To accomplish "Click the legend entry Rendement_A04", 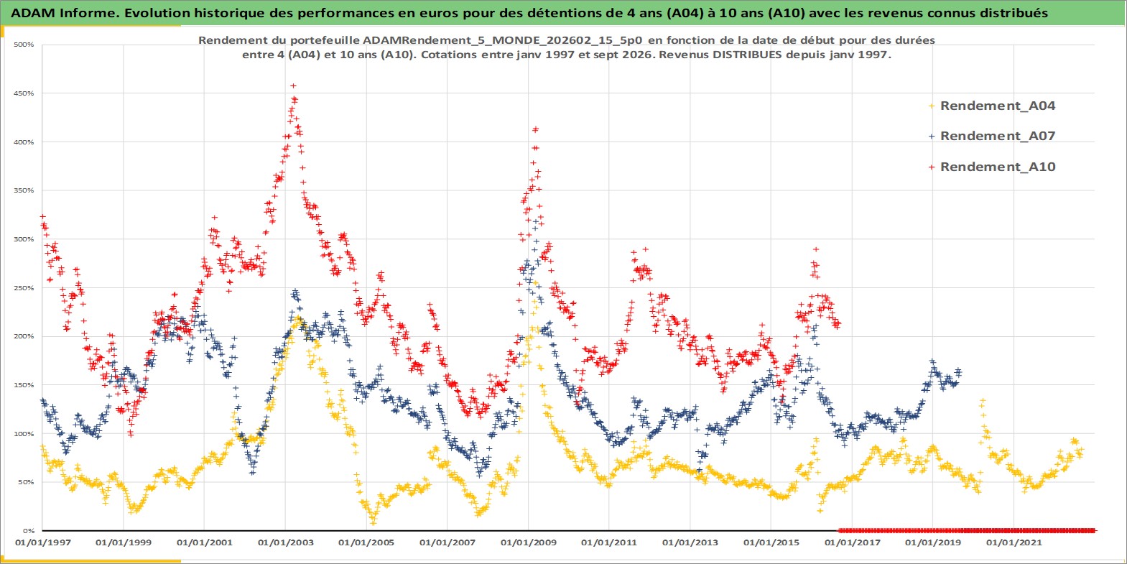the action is pyautogui.click(x=998, y=106).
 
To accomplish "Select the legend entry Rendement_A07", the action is pyautogui.click(x=998, y=136).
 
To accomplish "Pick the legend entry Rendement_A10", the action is pyautogui.click(x=998, y=167).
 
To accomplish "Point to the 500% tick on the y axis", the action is pyautogui.click(x=24, y=45).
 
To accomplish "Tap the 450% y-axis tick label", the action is pyautogui.click(x=24, y=93).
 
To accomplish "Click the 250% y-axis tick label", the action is pyautogui.click(x=24, y=288).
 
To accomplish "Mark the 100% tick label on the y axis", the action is pyautogui.click(x=24, y=434).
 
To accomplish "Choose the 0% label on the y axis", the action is pyautogui.click(x=29, y=531).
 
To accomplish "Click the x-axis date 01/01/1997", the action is pyautogui.click(x=43, y=542).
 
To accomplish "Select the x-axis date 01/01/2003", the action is pyautogui.click(x=285, y=542).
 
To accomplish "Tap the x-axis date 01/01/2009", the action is pyautogui.click(x=528, y=542).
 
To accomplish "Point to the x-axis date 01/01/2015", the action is pyautogui.click(x=771, y=542).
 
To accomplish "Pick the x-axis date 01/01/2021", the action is pyautogui.click(x=1014, y=542).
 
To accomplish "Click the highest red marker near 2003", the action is pyautogui.click(x=293, y=86).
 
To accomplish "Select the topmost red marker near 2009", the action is pyautogui.click(x=535, y=130).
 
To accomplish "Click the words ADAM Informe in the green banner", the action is pyautogui.click(x=63, y=13).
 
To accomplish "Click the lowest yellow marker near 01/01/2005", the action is pyautogui.click(x=373, y=523).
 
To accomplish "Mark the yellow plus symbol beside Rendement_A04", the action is pyautogui.click(x=932, y=106).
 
